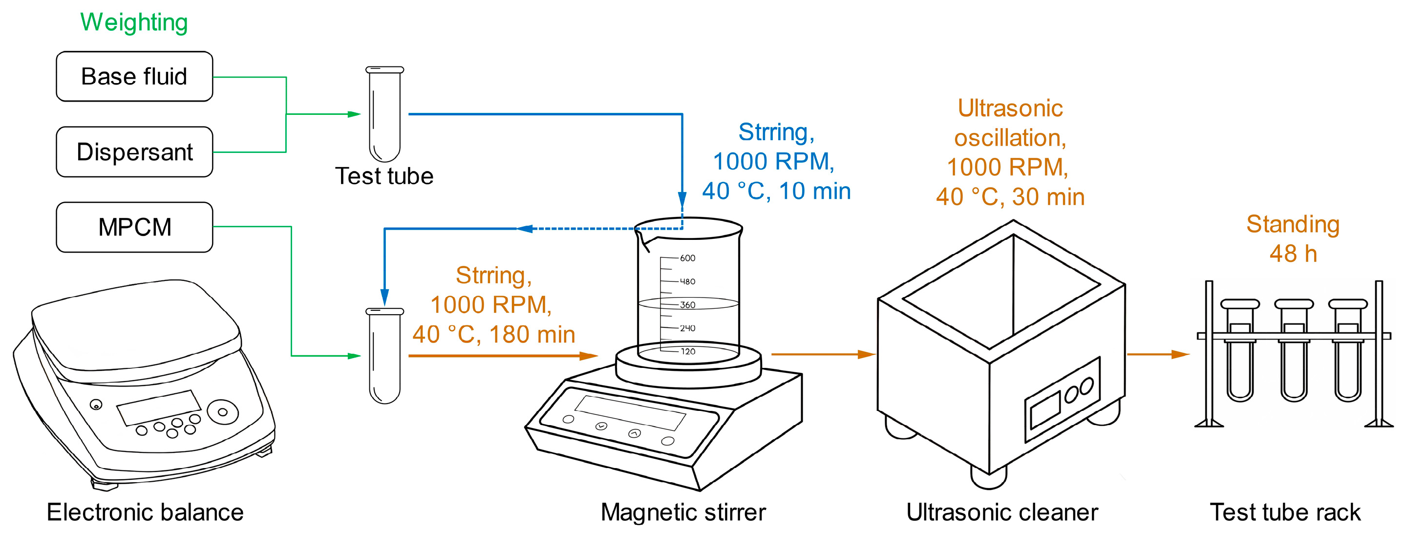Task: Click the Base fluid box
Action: pos(134,76)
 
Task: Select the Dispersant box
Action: pos(134,151)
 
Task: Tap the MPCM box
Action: pos(134,227)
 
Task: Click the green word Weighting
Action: pos(134,22)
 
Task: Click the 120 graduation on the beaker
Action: pos(688,351)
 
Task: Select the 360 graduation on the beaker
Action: pos(687,305)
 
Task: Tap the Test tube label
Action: pos(384,176)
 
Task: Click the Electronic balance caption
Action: pos(145,512)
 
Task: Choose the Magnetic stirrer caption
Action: pos(683,512)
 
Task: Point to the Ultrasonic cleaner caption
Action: pos(1001,512)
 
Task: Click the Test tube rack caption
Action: pos(1285,512)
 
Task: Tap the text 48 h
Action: pos(1293,254)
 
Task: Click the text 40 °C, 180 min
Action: pos(493,334)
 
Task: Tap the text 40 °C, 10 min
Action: pos(776,191)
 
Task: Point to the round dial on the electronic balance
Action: pos(222,412)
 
